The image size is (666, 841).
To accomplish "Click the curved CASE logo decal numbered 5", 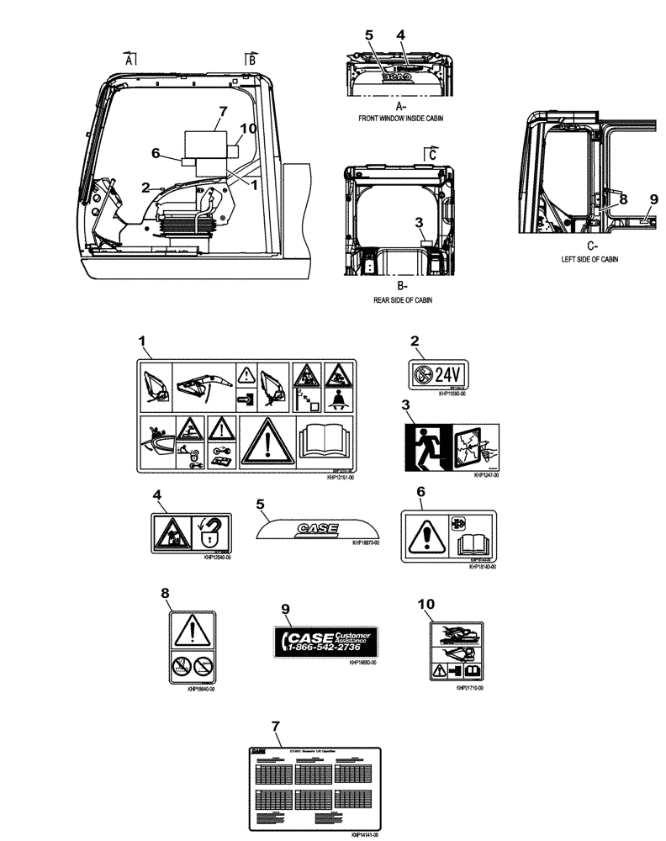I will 316,529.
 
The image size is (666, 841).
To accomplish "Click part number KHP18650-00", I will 362,663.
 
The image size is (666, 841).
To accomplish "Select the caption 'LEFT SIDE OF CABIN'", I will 589,260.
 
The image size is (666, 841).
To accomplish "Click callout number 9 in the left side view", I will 653,199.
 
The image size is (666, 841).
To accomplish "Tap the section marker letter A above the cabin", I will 129,60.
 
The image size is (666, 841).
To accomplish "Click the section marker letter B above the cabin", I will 251,60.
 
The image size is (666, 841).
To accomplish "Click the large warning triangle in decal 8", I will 193,627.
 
